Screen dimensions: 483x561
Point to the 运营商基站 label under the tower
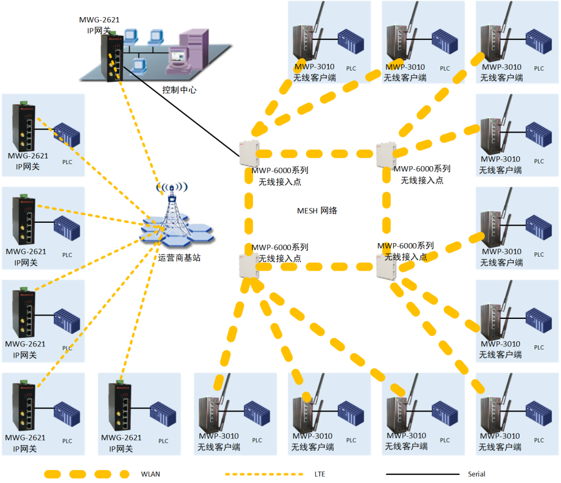pyautogui.click(x=179, y=257)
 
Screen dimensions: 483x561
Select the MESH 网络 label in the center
pyautogui.click(x=317, y=211)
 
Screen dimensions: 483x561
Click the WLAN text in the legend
pyautogui.click(x=151, y=474)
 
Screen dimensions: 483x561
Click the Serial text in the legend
pyautogui.click(x=476, y=474)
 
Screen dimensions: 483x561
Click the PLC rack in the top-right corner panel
pyautogui.click(x=539, y=42)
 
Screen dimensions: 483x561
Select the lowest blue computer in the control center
pyautogui.click(x=138, y=65)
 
